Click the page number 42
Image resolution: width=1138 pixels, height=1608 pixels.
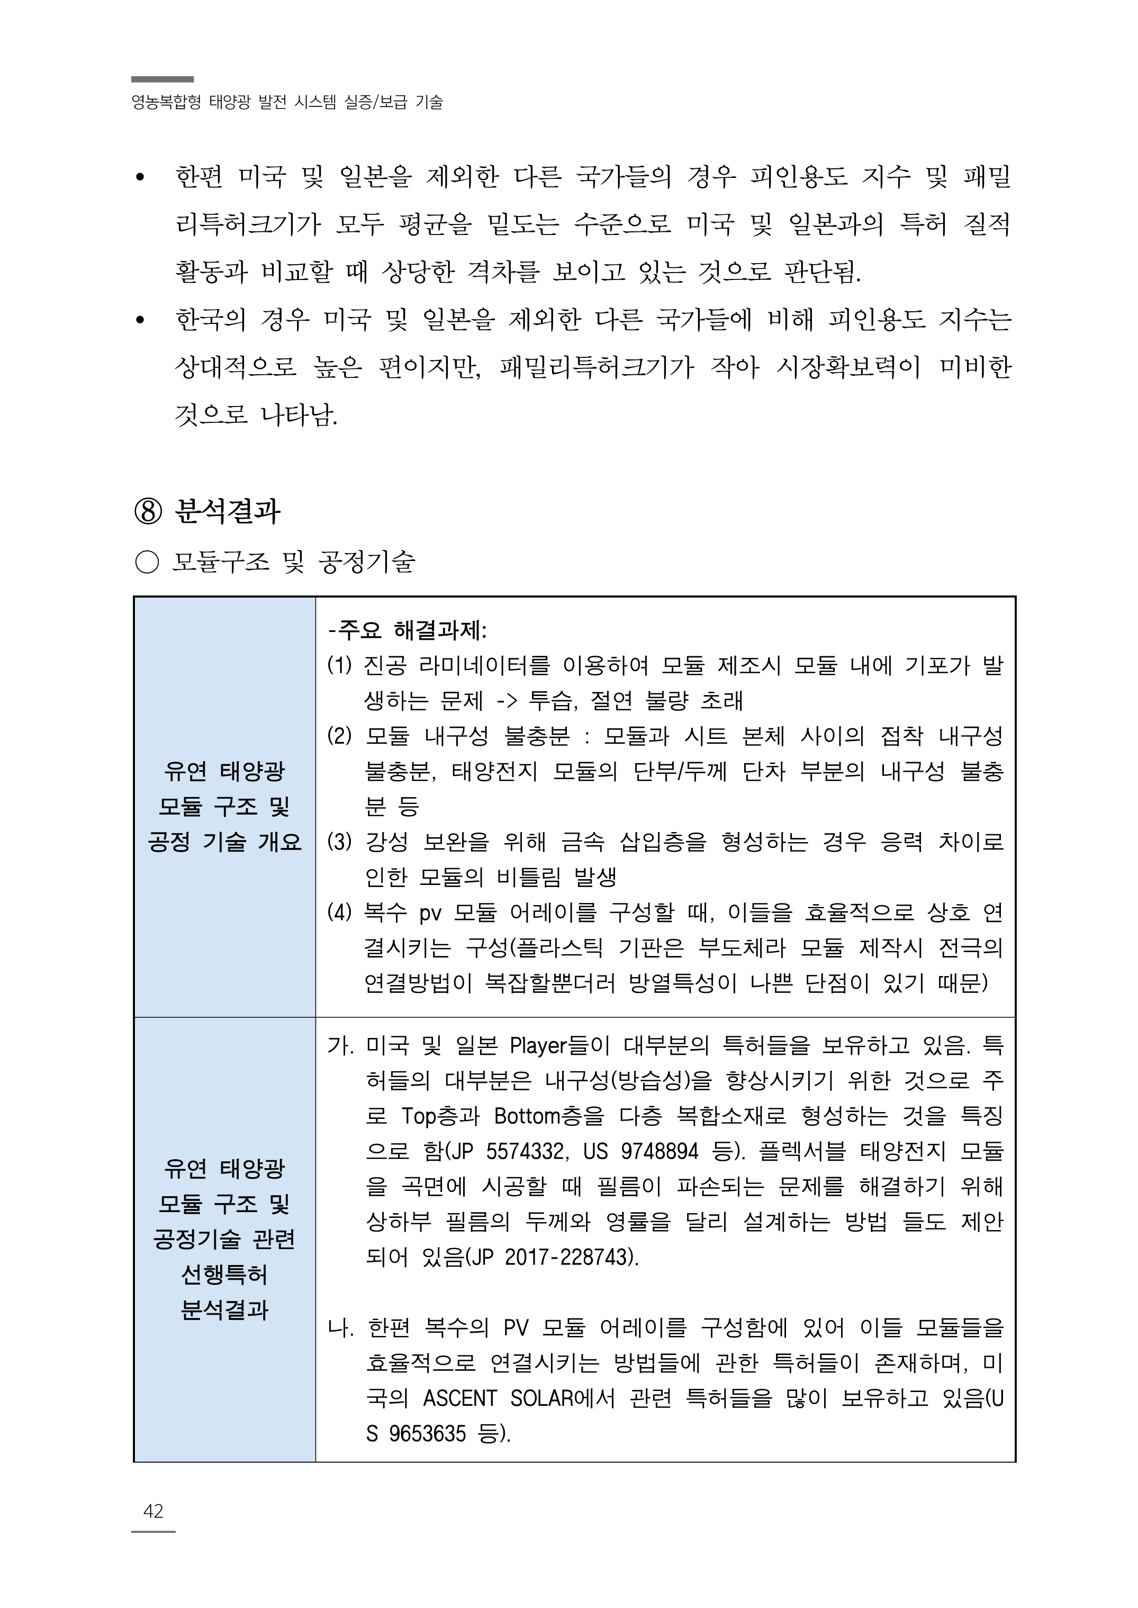coord(153,1511)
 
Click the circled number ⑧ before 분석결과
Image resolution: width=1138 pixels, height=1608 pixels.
coord(148,512)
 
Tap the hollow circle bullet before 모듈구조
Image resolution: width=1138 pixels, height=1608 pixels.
coord(147,562)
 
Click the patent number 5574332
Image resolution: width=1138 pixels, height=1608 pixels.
coord(521,1151)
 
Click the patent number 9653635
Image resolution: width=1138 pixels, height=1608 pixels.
coord(427,1433)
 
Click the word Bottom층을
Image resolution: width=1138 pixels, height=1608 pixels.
coord(549,1115)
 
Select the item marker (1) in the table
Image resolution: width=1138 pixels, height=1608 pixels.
coord(339,665)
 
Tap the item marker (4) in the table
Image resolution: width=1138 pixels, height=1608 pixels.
coord(339,913)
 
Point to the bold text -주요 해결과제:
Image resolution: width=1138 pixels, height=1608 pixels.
coord(407,630)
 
